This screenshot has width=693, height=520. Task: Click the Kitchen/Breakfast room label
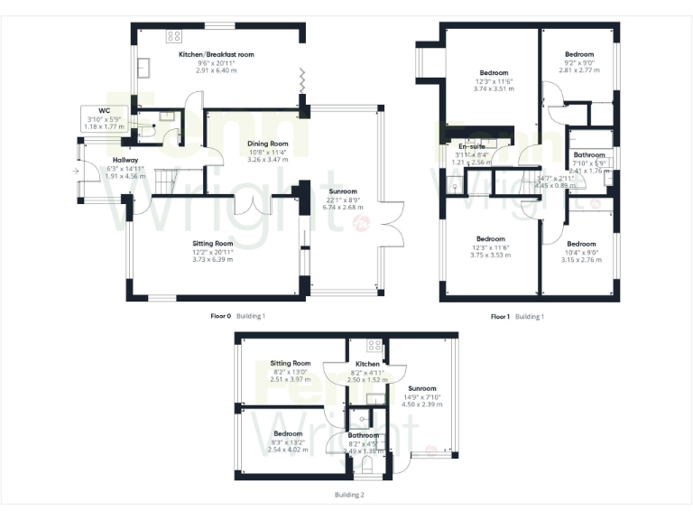[216, 55]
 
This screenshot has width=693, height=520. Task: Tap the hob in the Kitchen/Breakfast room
[174, 37]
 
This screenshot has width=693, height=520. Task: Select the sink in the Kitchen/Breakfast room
[143, 70]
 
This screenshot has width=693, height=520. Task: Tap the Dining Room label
[267, 144]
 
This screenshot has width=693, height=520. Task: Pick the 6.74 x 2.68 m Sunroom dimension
[343, 207]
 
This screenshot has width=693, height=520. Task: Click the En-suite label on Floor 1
[473, 146]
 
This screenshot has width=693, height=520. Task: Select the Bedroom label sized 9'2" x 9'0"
[579, 54]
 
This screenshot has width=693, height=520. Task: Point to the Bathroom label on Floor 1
[590, 154]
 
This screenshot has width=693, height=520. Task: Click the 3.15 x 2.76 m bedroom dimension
[580, 259]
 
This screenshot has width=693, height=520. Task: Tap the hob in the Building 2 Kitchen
[374, 346]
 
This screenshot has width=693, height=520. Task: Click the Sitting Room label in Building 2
[291, 363]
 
